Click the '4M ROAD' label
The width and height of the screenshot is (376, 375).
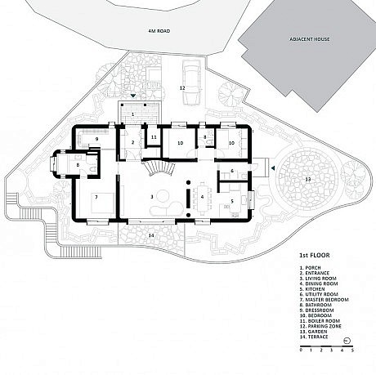coord(157,30)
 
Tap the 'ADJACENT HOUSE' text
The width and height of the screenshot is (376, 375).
coord(308,38)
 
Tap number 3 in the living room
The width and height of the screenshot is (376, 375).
coord(152,197)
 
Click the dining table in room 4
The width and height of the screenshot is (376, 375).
coord(202,197)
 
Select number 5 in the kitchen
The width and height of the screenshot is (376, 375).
coord(232,200)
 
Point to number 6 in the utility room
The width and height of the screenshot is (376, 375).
coord(232,171)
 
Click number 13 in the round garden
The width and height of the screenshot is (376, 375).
coord(307,178)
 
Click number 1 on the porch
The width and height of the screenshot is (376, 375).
coord(132,115)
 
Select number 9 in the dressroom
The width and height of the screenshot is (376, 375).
coord(96,140)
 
